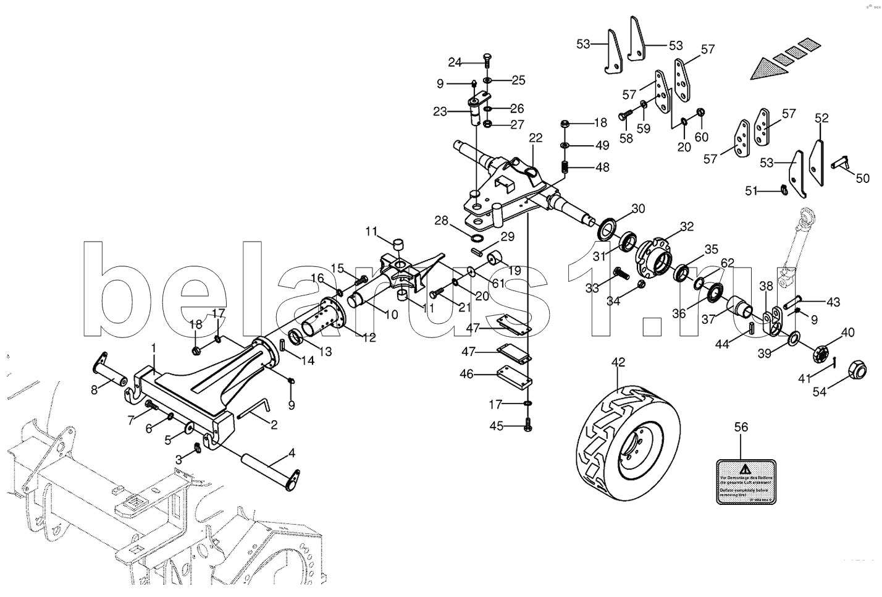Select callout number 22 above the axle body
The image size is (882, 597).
pyautogui.click(x=535, y=138)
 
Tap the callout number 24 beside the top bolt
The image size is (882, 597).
pyautogui.click(x=455, y=62)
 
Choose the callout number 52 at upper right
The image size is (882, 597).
pyautogui.click(x=821, y=118)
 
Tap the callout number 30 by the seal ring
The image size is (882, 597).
pyautogui.click(x=637, y=208)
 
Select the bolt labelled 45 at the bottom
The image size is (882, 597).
pyautogui.click(x=528, y=426)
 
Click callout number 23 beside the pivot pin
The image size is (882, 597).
pyautogui.click(x=439, y=112)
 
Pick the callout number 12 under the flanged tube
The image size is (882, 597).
pyautogui.click(x=369, y=339)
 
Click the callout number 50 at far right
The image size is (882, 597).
pyautogui.click(x=862, y=178)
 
